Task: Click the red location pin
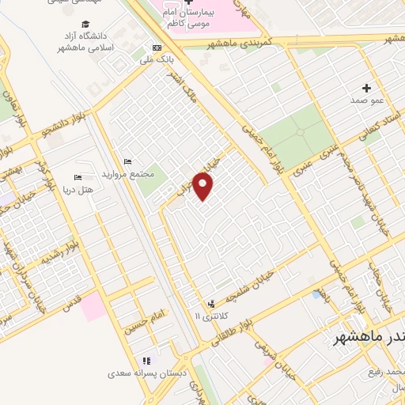pos(204,187)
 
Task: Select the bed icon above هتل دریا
pos(77,177)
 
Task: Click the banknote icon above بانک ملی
pos(157,47)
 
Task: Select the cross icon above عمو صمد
pos(366,88)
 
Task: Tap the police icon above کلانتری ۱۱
pos(211,304)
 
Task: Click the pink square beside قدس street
pos(93,305)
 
